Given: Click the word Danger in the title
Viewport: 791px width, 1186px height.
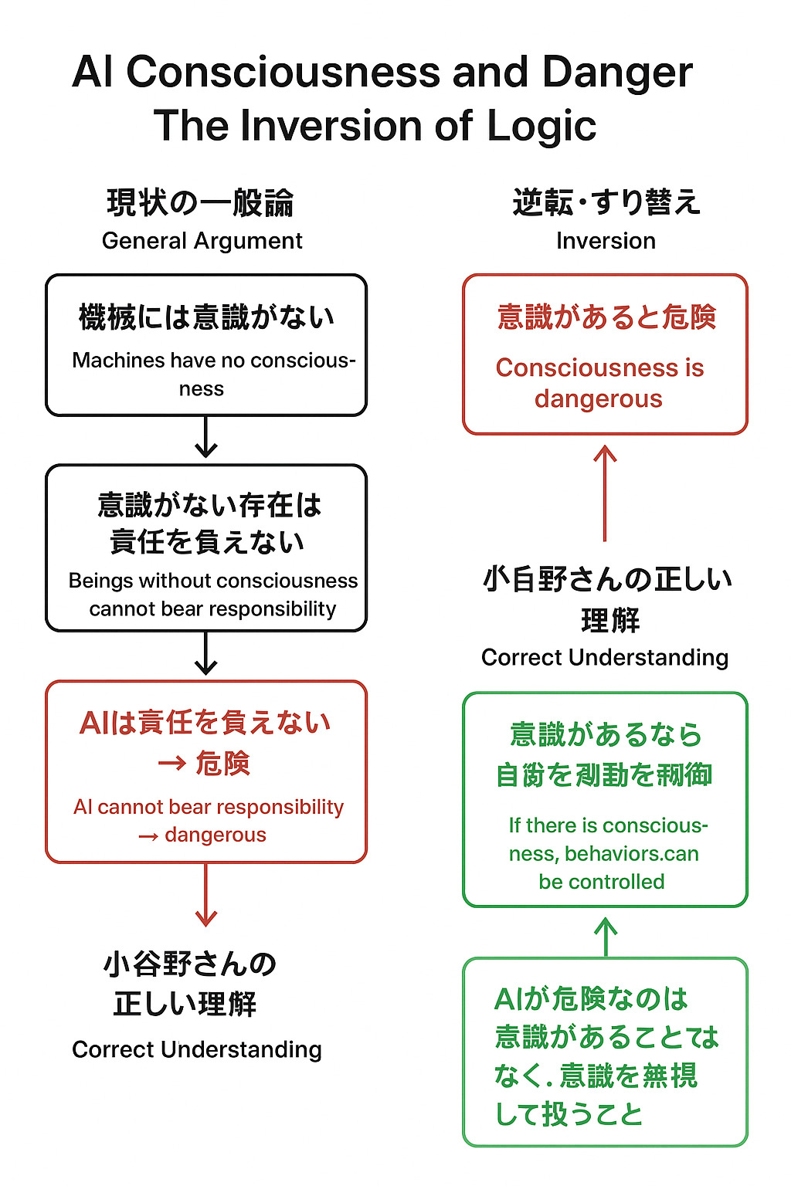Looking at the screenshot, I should [617, 73].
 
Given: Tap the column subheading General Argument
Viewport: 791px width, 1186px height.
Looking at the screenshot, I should [202, 241].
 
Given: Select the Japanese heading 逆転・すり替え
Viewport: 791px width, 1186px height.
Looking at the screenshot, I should [606, 202].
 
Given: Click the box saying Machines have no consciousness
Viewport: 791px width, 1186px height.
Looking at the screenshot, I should [206, 345].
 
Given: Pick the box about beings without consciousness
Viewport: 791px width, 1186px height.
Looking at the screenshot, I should [206, 547].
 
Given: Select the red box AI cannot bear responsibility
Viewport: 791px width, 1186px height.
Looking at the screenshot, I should [206, 771].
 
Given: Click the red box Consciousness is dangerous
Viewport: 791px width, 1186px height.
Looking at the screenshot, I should [605, 354].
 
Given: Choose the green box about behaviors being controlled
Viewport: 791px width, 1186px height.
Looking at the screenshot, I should [605, 799].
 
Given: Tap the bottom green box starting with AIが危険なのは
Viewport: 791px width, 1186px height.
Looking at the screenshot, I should [605, 1052].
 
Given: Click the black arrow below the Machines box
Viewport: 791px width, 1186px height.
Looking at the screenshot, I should [206, 437].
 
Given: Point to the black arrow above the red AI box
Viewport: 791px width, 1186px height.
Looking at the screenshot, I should [206, 654].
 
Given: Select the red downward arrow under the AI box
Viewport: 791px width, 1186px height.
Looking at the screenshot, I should [206, 895].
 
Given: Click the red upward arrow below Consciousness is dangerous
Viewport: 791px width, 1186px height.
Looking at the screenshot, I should [605, 492].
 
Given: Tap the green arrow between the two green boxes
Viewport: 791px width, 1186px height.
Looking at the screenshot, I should [606, 937].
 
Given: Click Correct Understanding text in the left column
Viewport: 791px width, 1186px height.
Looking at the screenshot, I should [197, 1050].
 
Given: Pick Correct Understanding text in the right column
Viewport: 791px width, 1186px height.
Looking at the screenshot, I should [605, 658].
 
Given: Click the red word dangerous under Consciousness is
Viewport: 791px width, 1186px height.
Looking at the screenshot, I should [599, 399].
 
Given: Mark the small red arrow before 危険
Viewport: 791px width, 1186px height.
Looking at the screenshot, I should [171, 764].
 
